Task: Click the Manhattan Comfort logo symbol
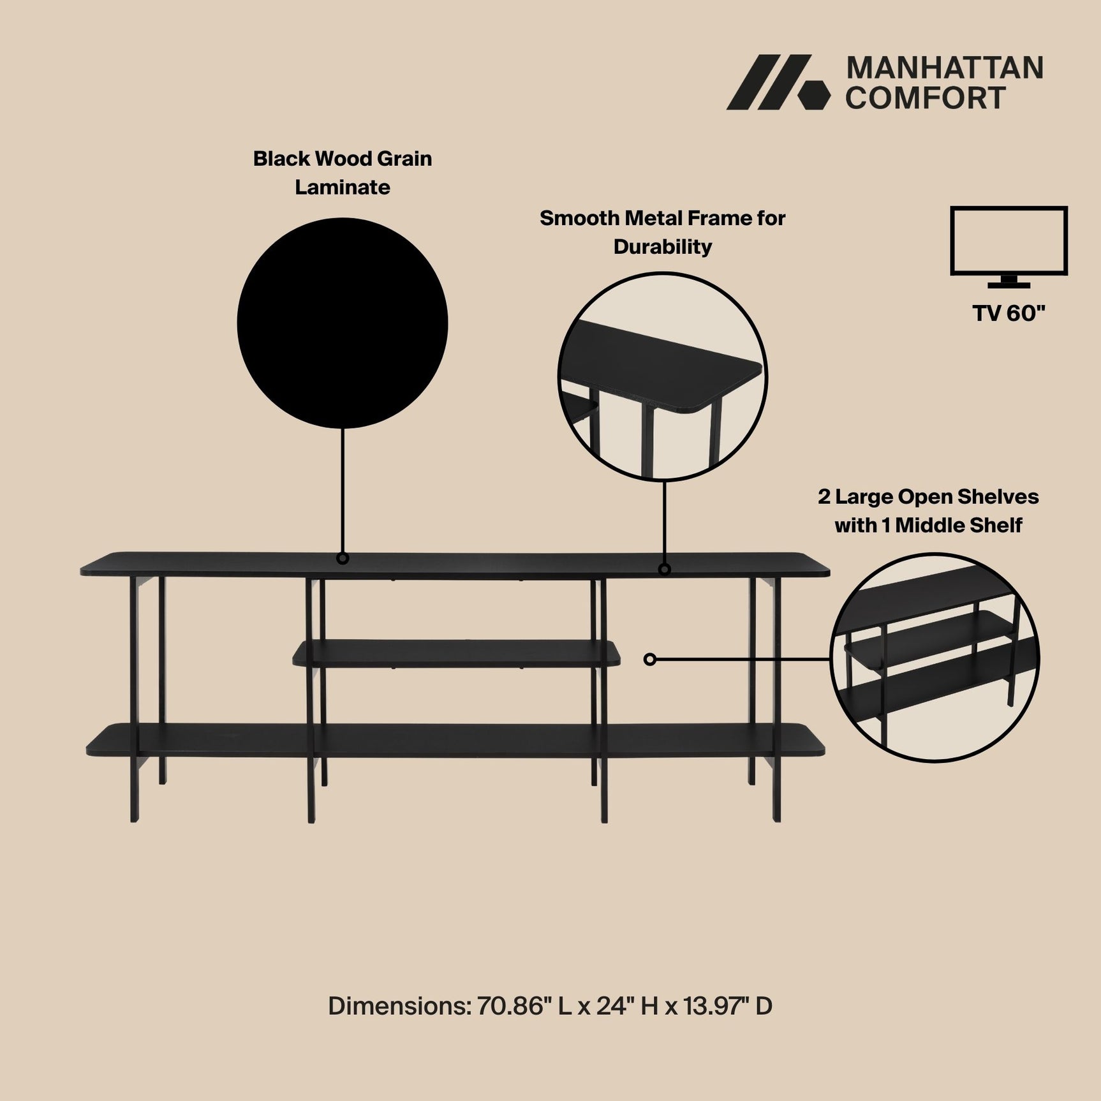778,82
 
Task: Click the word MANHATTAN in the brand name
944,68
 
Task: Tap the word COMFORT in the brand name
925,98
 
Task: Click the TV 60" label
1009,313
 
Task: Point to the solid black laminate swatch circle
343,323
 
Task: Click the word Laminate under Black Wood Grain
343,188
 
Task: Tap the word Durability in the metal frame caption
662,247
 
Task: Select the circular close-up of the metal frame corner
662,376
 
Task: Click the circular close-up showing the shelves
935,657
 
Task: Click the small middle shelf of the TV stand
456,653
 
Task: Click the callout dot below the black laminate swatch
343,559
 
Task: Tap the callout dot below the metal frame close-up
664,569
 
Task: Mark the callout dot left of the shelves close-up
649,659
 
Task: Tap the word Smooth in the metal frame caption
579,218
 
